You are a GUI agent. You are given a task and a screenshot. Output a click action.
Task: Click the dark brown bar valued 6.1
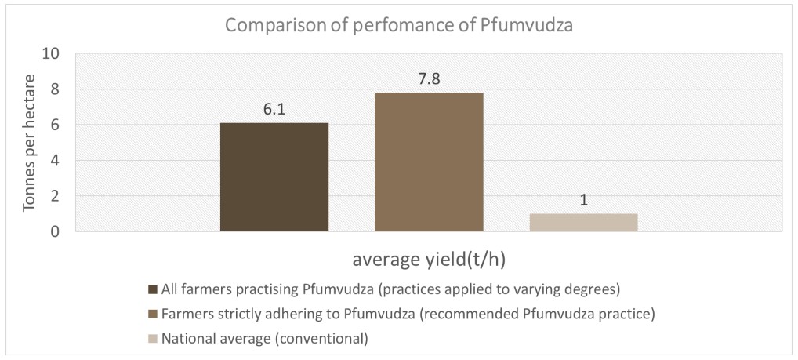[x=274, y=177]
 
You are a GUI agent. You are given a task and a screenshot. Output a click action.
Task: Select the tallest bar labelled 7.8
[x=429, y=162]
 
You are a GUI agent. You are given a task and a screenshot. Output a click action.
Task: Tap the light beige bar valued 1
[x=583, y=222]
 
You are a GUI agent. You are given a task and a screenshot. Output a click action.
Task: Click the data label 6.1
[x=274, y=110]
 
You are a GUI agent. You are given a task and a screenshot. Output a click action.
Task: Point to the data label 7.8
[x=429, y=79]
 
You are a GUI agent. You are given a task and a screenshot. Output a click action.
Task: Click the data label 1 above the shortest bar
[x=584, y=200]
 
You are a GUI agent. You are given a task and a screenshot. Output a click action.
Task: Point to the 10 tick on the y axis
[x=52, y=54]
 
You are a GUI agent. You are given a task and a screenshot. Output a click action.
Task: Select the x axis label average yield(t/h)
[x=428, y=260]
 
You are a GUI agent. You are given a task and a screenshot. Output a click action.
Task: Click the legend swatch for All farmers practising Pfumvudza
[x=153, y=289]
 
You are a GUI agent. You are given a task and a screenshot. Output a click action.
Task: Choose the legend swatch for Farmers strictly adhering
[x=153, y=315]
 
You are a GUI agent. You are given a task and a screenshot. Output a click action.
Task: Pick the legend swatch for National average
[x=153, y=340]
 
